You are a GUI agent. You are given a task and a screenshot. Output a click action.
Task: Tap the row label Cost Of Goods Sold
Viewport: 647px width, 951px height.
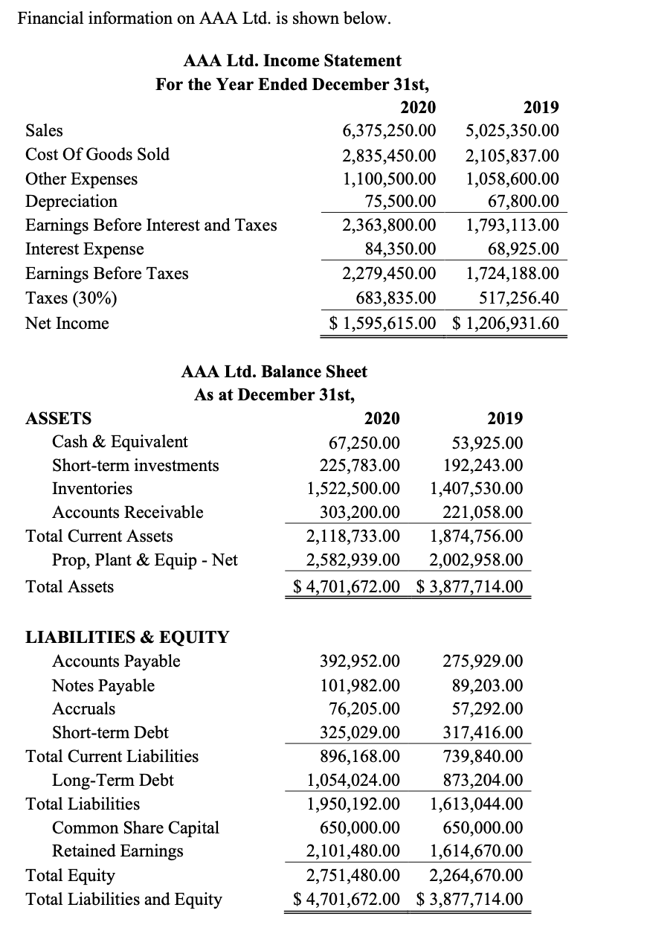[x=97, y=155]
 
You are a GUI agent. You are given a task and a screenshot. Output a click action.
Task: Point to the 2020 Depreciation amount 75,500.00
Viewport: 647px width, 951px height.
[x=400, y=202]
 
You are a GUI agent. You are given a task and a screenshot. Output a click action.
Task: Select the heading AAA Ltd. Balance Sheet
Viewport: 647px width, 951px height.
[x=274, y=371]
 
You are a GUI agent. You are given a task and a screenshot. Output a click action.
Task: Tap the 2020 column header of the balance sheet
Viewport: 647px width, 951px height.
[x=382, y=418]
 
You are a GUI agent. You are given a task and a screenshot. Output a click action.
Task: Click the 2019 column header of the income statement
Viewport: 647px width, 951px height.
[x=541, y=107]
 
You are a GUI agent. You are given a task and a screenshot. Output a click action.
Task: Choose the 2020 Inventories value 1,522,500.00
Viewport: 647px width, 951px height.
[x=353, y=489]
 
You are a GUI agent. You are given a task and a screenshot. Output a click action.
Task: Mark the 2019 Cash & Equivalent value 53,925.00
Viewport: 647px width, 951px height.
[x=487, y=442]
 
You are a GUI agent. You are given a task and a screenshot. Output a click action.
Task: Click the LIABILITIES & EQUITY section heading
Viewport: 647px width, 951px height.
[x=127, y=638]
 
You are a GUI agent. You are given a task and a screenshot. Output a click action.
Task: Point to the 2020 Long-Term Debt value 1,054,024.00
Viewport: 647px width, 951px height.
[x=353, y=781]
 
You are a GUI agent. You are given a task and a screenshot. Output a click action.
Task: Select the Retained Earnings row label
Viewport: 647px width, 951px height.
[x=118, y=851]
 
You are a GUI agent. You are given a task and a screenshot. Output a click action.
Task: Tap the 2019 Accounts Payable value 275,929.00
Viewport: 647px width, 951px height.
[x=483, y=662]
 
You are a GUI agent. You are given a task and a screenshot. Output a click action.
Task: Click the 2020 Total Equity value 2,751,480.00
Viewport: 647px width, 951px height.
[x=353, y=876]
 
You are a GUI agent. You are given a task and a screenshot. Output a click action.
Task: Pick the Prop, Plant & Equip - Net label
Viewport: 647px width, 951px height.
[x=144, y=560]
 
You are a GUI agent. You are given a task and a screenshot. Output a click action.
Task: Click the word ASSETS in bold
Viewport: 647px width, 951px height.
[x=59, y=418]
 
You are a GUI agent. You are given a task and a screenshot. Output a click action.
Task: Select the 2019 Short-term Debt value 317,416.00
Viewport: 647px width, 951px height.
[x=483, y=733]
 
